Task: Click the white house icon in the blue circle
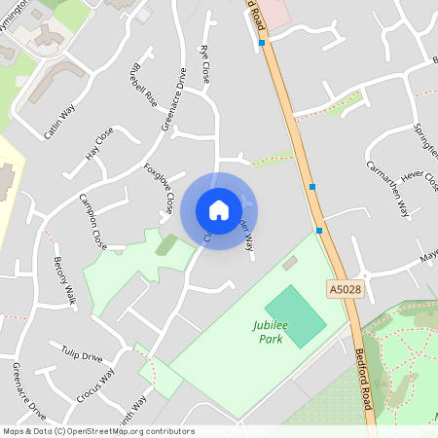[x=219, y=210]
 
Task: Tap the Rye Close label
[x=204, y=62]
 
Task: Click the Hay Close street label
[x=99, y=142]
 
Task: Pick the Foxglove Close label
[x=159, y=188]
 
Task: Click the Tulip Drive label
[x=82, y=356]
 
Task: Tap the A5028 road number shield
[x=344, y=289]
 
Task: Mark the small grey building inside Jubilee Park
[x=290, y=263]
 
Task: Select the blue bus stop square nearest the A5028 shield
[x=319, y=231]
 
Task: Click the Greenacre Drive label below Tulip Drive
[x=27, y=389]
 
